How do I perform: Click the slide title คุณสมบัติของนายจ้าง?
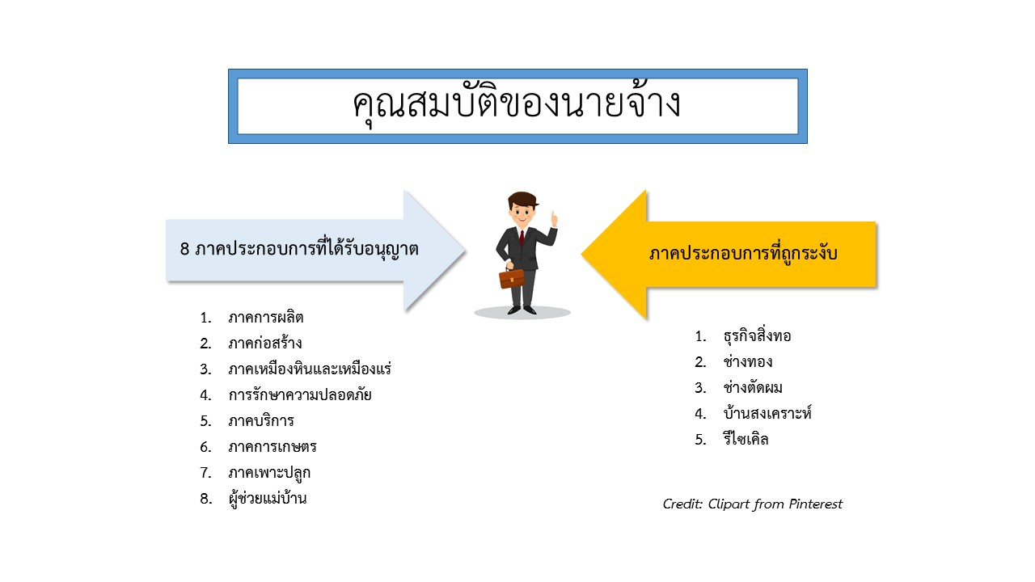(x=517, y=104)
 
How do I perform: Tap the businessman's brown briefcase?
(x=512, y=279)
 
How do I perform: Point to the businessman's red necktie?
(x=522, y=238)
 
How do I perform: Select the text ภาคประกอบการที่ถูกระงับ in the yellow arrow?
(x=743, y=253)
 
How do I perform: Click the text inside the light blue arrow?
(x=299, y=248)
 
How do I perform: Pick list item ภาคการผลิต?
(x=266, y=318)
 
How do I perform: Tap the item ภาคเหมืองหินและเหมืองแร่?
(x=310, y=369)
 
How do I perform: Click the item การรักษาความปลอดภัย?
(x=300, y=395)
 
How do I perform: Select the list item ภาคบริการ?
(x=261, y=421)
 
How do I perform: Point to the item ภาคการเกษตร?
(x=272, y=447)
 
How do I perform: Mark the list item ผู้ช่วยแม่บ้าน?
(x=268, y=498)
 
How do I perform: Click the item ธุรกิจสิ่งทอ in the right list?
(x=758, y=335)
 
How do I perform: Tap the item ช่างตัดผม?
(x=753, y=387)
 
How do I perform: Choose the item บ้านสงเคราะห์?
(x=767, y=413)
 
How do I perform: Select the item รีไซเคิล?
(x=746, y=439)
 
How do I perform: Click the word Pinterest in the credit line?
(x=816, y=504)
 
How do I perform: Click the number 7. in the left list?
(x=205, y=473)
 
